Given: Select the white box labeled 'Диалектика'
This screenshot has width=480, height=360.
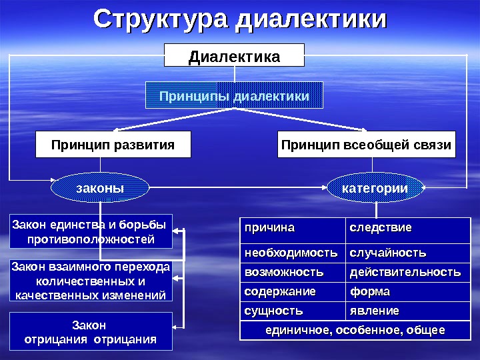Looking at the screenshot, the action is pos(234,55).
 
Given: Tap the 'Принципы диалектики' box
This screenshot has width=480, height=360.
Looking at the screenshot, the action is pos(234,95).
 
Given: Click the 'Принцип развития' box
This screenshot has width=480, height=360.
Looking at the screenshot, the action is pos(113,145).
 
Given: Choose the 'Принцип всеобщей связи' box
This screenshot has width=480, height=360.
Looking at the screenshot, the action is pos(366,145).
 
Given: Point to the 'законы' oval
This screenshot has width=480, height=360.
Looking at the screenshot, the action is pos(100,189).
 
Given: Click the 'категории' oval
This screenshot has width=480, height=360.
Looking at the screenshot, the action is pos(375,189).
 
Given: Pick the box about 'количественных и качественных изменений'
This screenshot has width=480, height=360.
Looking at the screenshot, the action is pos(91,281).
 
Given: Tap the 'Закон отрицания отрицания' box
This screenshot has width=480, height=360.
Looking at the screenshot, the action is pos(91,331).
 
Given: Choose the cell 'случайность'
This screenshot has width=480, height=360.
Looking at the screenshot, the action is pos(407,254).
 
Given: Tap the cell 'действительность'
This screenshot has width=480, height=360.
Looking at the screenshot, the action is pos(407,273).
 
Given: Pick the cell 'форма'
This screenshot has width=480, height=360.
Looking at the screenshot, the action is pos(407,292).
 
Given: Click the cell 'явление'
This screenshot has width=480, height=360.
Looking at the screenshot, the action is pos(407,311).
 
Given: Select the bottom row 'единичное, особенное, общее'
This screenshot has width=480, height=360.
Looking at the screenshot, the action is pos(355,331).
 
